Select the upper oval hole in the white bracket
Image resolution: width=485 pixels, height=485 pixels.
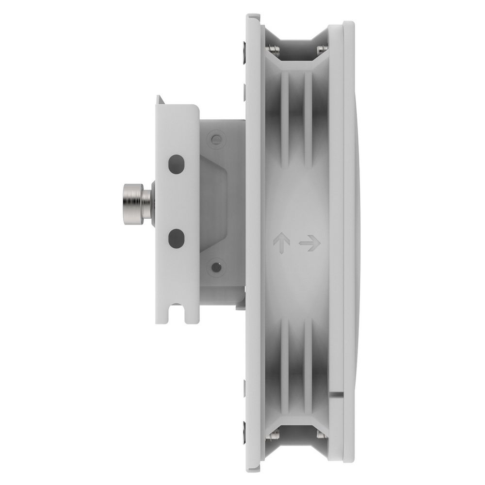176,164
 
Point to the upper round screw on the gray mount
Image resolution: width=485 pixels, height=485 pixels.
216,140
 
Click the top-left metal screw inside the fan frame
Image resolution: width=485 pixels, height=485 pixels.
272,48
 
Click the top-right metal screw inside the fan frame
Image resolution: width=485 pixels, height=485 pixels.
321,49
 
